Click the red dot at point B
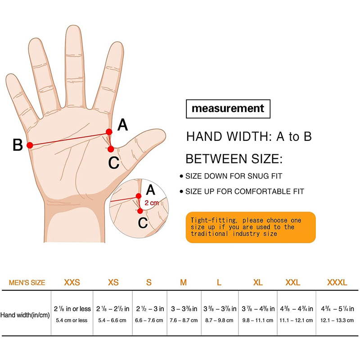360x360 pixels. click(x=30, y=145)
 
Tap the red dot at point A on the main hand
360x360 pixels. click(x=109, y=132)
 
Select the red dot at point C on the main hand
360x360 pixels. click(x=111, y=149)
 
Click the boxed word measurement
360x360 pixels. click(x=228, y=108)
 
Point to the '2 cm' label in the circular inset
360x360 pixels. click(x=152, y=203)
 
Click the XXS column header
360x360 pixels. click(x=72, y=283)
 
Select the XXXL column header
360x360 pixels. click(x=337, y=283)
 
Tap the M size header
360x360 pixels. click(x=183, y=283)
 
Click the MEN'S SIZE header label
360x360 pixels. click(x=27, y=283)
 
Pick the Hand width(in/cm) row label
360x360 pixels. click(x=25, y=315)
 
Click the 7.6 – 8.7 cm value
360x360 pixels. click(x=184, y=320)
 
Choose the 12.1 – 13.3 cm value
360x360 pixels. click(x=337, y=320)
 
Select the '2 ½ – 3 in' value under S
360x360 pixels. click(x=150, y=309)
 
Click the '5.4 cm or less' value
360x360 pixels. click(x=72, y=320)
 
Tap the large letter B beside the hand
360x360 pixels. click(x=18, y=145)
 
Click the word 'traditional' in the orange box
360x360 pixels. click(x=209, y=234)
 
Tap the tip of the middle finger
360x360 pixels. click(x=73, y=26)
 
